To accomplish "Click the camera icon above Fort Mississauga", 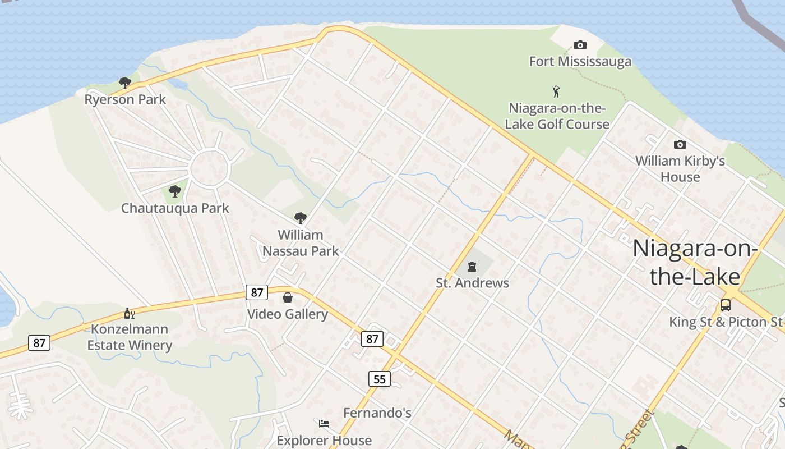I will (x=580, y=45).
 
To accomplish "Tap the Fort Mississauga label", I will (x=580, y=61).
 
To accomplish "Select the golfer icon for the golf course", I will (x=556, y=91).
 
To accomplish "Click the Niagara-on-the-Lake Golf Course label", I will (x=557, y=116).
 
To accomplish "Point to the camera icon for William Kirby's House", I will (x=680, y=144).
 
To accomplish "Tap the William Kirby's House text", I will (x=680, y=169).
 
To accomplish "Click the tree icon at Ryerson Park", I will (x=125, y=83).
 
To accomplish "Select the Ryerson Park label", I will (x=125, y=99).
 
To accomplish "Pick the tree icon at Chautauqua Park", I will (x=175, y=191).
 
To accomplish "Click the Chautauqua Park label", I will (x=175, y=208).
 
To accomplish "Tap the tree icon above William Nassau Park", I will (x=301, y=218).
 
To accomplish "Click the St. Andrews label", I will (x=472, y=283).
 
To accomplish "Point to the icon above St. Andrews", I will (x=472, y=266).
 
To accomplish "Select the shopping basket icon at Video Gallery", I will (x=288, y=297).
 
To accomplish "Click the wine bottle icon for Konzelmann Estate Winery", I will (x=130, y=313).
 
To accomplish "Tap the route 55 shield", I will (x=380, y=379).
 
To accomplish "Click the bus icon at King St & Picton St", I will (x=726, y=305).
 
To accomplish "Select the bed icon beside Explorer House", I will (x=324, y=423).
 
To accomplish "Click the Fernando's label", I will (x=377, y=413).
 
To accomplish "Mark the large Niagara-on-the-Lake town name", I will (x=695, y=263).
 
